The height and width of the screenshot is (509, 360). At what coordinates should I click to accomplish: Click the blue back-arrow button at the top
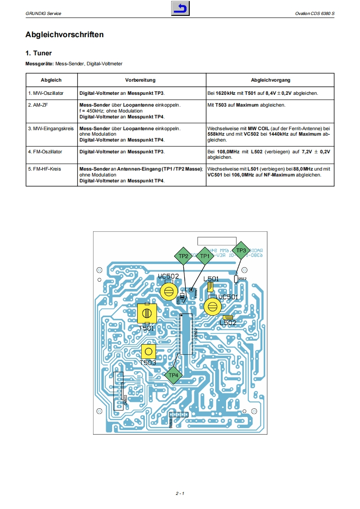tap(180, 9)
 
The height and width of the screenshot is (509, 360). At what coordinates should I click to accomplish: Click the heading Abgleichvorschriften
tap(64, 34)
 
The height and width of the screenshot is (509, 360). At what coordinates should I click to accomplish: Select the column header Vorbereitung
tap(140, 80)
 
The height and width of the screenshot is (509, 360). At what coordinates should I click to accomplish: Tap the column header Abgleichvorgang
tap(271, 80)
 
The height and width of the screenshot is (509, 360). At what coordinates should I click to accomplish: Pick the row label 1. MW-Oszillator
tap(45, 93)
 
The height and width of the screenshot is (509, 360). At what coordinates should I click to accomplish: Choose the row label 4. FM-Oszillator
tap(45, 152)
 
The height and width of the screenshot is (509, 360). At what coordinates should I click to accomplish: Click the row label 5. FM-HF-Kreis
tap(44, 169)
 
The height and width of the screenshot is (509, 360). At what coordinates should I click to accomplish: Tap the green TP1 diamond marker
tap(205, 256)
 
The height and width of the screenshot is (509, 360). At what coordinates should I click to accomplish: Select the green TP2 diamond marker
tap(183, 256)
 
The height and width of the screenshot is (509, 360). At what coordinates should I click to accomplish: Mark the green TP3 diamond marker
tap(241, 250)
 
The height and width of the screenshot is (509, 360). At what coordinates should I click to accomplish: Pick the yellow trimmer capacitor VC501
tap(211, 307)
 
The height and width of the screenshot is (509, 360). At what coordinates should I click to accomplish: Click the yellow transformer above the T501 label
tap(147, 313)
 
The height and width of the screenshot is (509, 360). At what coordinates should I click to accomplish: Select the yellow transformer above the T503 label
tap(148, 352)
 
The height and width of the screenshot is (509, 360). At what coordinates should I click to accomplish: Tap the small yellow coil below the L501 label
tap(210, 287)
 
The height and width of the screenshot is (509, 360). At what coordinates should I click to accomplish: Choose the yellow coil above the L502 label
tap(228, 318)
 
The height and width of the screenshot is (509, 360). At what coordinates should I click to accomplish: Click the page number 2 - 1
tap(180, 493)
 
